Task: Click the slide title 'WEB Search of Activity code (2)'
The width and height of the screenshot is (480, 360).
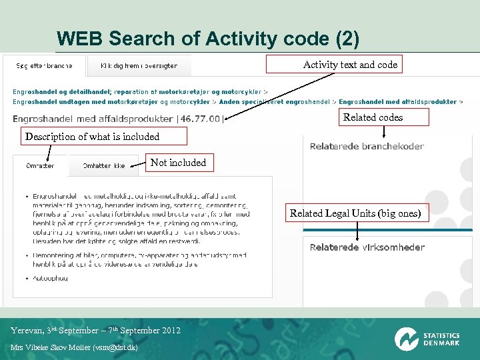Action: tap(208, 39)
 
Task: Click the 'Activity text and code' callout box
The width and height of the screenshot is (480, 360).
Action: tap(350, 65)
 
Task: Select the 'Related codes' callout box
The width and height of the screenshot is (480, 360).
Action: tap(373, 117)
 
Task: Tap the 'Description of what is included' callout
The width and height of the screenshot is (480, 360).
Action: tap(93, 137)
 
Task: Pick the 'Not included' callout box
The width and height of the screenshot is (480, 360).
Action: tap(178, 163)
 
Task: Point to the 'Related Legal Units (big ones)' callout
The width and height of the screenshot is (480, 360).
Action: tap(355, 213)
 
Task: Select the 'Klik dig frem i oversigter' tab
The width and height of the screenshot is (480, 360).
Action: tap(139, 66)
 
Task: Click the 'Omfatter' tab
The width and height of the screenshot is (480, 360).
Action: tap(40, 166)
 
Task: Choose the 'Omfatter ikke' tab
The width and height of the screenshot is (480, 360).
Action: tap(103, 166)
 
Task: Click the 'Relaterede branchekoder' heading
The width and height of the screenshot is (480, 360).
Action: tap(367, 147)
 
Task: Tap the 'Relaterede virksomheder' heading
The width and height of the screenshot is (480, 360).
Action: tap(367, 247)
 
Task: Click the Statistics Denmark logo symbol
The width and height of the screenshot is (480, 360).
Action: tap(406, 339)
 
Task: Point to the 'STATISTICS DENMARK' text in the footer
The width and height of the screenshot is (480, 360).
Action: tap(441, 339)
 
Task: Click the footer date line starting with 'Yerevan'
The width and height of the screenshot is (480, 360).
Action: tap(95, 331)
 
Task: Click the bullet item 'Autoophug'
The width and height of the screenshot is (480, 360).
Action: tap(50, 278)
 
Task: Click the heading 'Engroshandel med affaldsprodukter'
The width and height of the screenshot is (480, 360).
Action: tap(93, 119)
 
